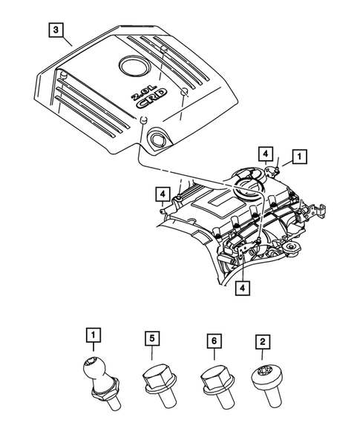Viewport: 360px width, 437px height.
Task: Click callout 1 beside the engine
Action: pos(298,157)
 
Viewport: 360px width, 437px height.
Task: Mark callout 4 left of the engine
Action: pos(162,194)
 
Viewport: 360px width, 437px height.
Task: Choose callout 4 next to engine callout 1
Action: pos(265,154)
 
